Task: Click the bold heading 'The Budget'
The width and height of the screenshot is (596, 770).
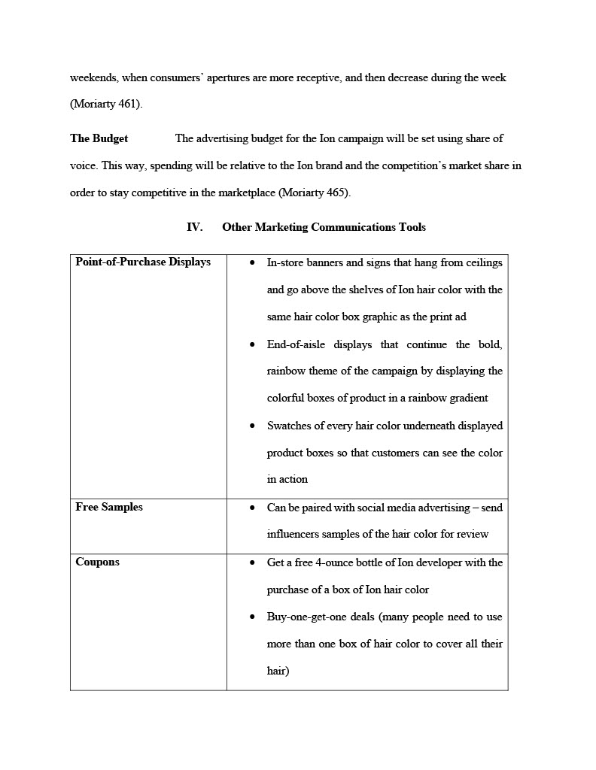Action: point(99,138)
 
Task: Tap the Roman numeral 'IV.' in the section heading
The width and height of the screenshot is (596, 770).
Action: point(194,227)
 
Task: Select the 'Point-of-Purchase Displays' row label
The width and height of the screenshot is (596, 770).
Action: point(143,262)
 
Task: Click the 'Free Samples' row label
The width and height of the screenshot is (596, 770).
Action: point(109,507)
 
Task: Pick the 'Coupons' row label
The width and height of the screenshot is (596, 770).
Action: point(97,562)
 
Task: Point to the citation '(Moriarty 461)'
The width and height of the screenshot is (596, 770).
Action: point(106,105)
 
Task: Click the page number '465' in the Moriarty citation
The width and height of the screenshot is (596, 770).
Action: point(338,192)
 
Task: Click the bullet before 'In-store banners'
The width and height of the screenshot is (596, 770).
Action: point(252,262)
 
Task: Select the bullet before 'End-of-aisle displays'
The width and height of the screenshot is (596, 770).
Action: point(252,344)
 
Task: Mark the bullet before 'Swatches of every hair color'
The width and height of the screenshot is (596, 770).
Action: point(252,426)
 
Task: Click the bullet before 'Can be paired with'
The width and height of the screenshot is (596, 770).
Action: point(252,508)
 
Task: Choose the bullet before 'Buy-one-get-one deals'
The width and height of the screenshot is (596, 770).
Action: point(252,617)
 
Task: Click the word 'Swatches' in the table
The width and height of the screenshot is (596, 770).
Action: point(288,426)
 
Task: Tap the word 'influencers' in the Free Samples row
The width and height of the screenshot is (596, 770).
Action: point(293,534)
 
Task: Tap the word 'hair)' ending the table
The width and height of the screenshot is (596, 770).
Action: point(278,671)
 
